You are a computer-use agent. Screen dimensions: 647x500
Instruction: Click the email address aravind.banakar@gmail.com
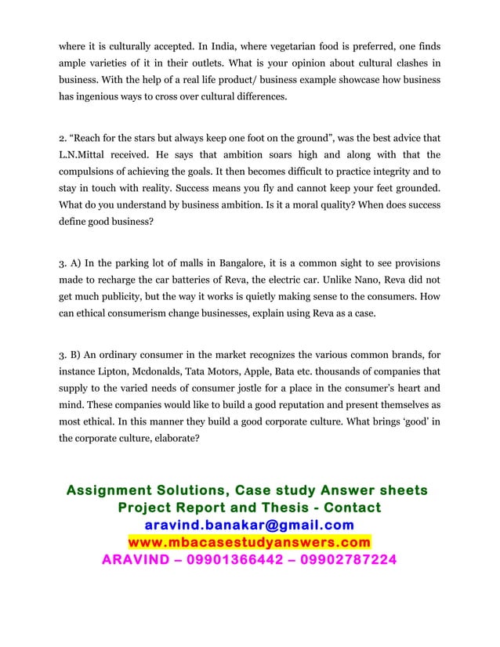pyautogui.click(x=249, y=525)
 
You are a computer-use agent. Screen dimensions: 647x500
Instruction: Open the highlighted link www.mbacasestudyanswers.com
pyautogui.click(x=249, y=542)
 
